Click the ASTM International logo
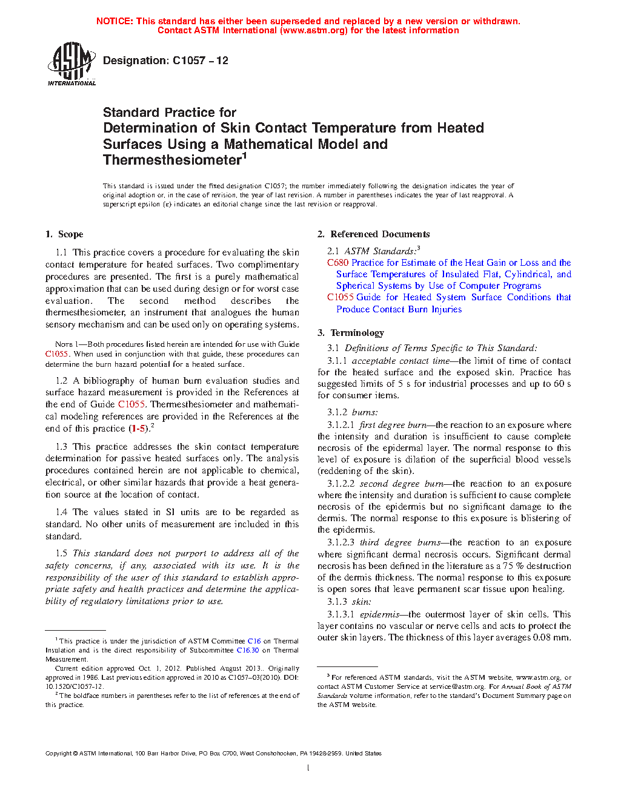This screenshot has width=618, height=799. (71, 64)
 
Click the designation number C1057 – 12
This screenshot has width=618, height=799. (200, 61)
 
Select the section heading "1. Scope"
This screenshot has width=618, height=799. (64, 234)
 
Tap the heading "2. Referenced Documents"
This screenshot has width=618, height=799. (374, 234)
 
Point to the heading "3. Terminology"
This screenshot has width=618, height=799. (351, 333)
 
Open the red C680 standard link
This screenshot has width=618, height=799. (337, 263)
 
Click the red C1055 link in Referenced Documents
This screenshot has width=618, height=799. (340, 297)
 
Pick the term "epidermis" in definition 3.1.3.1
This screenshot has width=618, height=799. (379, 614)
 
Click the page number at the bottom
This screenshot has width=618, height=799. (308, 768)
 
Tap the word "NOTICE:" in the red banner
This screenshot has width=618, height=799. (115, 21)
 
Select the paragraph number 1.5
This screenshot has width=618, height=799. (61, 553)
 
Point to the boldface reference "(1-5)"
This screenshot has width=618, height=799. (139, 429)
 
